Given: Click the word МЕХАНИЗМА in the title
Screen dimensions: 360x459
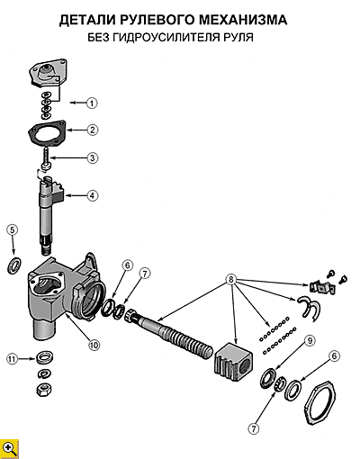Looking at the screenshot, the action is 243,20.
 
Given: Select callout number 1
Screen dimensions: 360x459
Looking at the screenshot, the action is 92,103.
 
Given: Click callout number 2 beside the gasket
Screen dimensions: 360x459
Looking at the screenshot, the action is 93,130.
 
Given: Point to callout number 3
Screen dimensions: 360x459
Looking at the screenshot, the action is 93,157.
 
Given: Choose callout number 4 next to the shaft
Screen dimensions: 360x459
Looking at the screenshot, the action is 93,195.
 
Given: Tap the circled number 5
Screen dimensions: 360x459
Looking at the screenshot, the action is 12,229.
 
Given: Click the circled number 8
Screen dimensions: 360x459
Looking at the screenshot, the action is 230,279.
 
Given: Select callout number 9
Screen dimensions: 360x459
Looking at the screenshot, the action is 310,340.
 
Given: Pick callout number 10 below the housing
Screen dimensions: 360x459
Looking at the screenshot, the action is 94,345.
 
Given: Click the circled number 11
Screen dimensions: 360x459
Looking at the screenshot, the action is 12,359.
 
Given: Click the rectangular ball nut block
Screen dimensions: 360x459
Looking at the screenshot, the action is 233,359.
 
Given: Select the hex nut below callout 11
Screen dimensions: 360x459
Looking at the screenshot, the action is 43,390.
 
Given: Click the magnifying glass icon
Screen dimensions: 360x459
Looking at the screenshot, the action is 9,449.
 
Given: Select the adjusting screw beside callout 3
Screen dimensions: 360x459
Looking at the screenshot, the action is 46,160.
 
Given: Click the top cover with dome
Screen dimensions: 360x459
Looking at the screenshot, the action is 48,73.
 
